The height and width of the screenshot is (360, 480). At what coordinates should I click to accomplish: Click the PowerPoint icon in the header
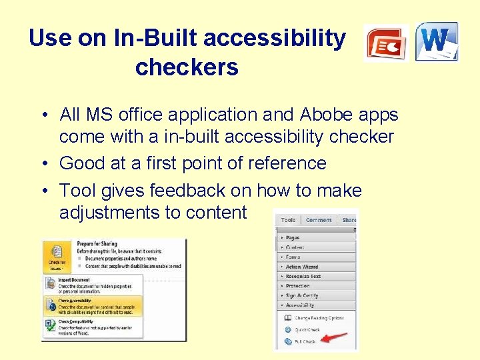(386, 43)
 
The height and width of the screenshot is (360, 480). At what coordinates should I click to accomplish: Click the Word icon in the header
(437, 41)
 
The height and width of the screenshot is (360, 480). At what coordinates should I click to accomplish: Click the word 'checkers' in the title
(187, 67)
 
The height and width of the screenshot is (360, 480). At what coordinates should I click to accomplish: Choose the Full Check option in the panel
(305, 341)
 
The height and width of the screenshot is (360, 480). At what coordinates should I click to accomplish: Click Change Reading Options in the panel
(319, 318)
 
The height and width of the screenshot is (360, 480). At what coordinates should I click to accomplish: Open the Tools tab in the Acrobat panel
(288, 219)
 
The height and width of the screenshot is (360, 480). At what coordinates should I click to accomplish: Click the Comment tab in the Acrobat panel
(319, 219)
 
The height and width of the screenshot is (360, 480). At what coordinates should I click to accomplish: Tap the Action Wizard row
(302, 266)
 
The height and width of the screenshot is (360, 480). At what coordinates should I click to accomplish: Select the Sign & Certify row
(301, 295)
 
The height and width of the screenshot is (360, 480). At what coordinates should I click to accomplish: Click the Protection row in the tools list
(299, 285)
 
